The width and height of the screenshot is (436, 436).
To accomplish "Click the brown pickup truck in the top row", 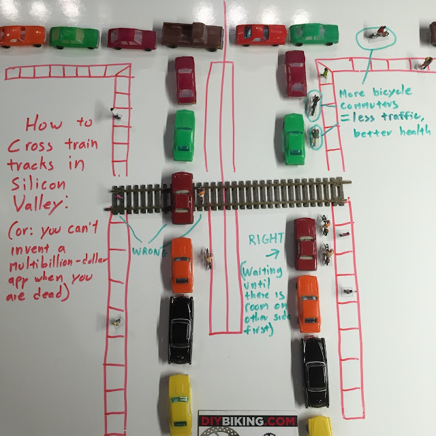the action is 192,36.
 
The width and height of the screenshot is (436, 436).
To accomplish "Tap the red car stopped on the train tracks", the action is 182,198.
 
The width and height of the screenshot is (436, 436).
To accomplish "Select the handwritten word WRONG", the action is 150,251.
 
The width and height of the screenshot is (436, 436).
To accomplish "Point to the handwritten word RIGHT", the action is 266,239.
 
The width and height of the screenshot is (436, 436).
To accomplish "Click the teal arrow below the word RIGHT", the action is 272,254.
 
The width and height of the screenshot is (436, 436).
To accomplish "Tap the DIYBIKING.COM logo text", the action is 248,421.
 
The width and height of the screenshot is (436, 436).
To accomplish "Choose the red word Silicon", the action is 38,184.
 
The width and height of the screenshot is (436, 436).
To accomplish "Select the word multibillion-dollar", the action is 58,263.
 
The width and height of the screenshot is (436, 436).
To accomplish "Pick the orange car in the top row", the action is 22,36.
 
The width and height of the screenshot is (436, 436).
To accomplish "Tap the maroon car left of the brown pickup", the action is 131,39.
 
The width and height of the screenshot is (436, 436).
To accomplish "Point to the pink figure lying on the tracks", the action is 119,197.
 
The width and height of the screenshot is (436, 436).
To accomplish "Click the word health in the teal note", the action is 415,131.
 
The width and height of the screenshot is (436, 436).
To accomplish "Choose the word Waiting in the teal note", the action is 262,271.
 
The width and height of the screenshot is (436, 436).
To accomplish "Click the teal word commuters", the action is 369,105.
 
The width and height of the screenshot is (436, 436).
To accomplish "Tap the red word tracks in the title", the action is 31,164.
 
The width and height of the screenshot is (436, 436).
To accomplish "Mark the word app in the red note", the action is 18,280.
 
